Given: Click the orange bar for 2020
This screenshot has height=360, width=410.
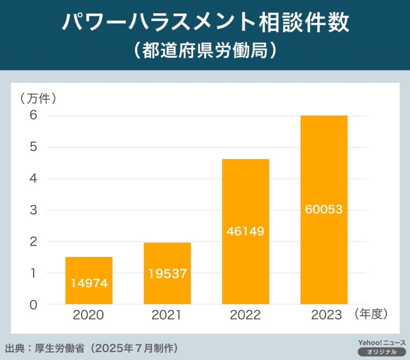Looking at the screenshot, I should click(89, 280).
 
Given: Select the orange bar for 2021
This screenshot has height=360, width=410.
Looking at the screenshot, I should click(167, 273).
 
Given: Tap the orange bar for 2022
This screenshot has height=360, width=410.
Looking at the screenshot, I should click(245, 232).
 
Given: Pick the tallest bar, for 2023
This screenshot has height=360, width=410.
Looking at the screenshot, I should click(323, 209).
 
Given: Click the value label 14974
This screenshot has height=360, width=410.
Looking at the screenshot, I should click(89, 283).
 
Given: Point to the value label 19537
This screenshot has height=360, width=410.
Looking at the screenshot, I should click(167, 272).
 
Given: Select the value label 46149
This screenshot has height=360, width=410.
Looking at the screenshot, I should click(245, 231).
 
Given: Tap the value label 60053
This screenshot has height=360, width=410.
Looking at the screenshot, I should click(323, 209).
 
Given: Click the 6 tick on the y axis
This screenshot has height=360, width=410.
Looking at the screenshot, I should click(33, 116).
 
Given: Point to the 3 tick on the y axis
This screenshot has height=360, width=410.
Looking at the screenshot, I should click(33, 210).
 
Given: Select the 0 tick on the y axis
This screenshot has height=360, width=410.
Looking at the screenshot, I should click(33, 304).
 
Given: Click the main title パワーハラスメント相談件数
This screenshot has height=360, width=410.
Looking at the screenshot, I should click(204, 24).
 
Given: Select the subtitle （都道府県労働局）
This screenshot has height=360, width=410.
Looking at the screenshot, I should click(204, 51).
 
